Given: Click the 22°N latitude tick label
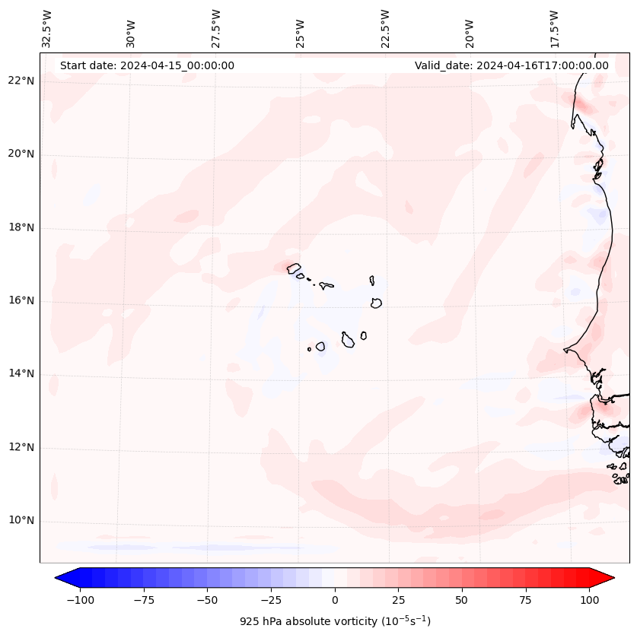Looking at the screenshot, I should click(21, 81).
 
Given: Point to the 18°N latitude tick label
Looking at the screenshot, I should click(21, 227).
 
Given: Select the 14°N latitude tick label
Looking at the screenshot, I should click(21, 373).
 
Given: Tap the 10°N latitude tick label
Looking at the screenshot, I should click(21, 521).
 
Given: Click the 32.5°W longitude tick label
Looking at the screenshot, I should click(47, 29).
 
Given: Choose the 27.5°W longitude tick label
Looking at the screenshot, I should click(216, 29).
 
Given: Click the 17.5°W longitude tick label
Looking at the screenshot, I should click(554, 29).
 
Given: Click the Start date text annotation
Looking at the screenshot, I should click(147, 65).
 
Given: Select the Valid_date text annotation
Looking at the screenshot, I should click(511, 65).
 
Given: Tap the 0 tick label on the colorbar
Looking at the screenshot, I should click(334, 600).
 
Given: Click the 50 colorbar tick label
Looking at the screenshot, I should click(462, 600).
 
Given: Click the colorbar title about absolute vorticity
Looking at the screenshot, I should click(335, 621).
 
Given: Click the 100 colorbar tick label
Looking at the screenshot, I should click(589, 600).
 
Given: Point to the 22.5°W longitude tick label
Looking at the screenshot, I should click(385, 29).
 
